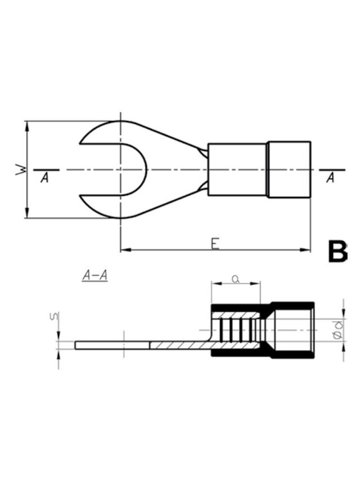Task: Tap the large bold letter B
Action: point(337,252)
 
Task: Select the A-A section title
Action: point(95,276)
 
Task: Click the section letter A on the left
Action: point(44,178)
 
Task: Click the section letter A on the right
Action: point(330,178)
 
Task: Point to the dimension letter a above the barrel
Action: point(235,279)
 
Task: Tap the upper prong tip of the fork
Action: point(80,143)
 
